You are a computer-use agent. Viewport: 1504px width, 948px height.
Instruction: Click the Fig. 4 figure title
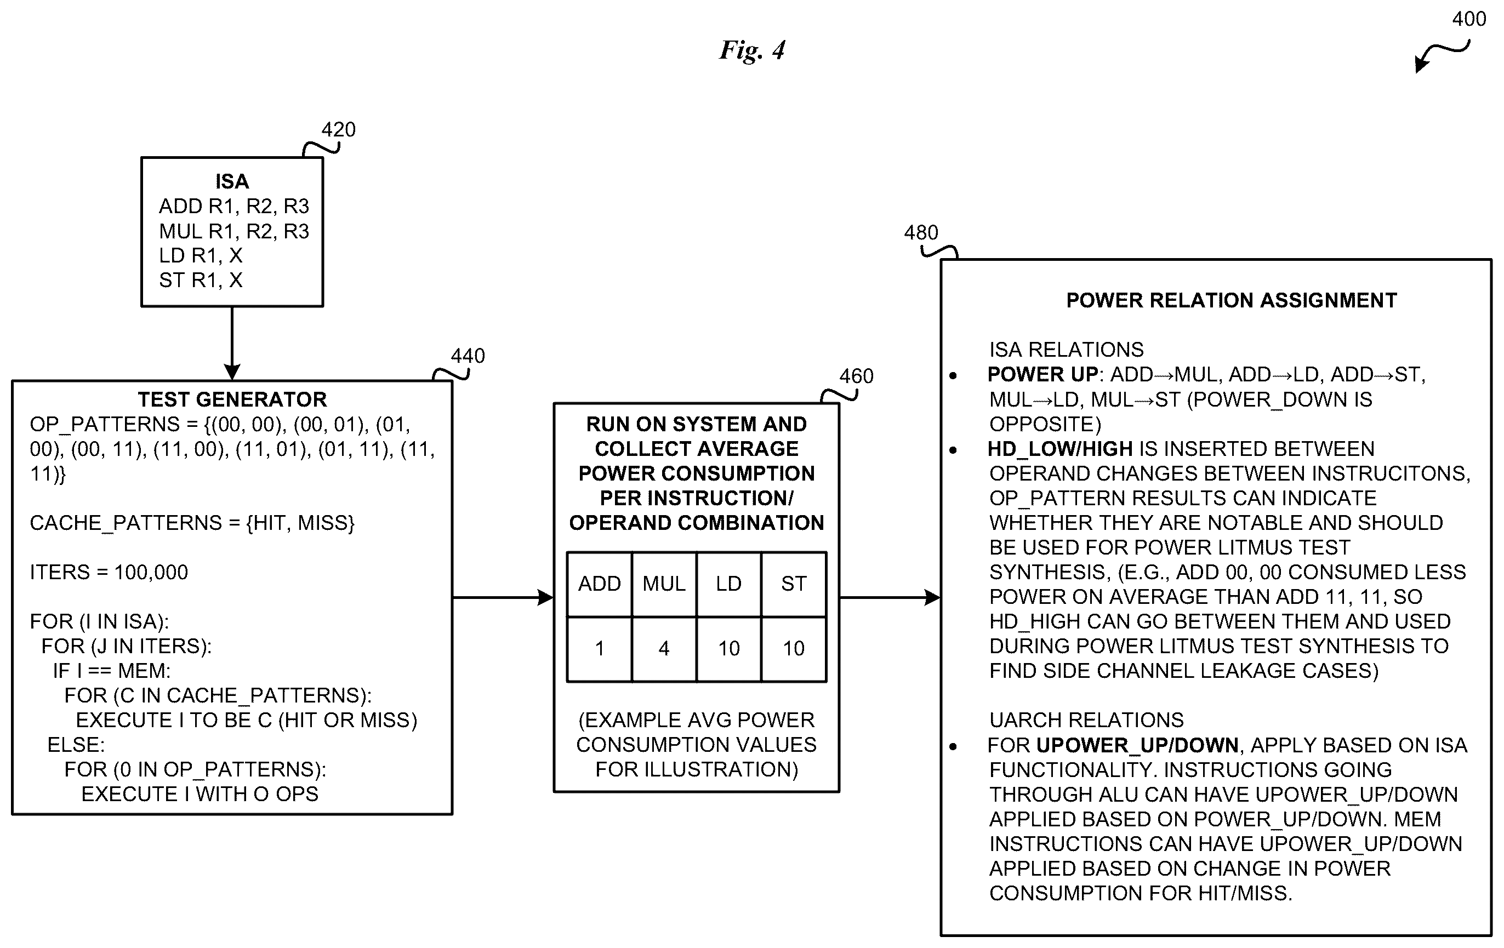[752, 50]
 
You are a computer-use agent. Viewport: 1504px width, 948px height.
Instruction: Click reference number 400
[1469, 19]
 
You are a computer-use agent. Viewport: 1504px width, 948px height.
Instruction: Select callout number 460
[856, 376]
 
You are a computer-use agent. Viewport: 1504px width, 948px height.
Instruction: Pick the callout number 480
[921, 232]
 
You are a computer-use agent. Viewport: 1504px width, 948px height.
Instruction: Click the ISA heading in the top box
[232, 181]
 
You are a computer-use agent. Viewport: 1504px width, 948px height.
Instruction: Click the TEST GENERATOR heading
[232, 399]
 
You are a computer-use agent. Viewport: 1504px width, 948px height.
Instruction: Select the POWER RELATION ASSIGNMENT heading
[1232, 300]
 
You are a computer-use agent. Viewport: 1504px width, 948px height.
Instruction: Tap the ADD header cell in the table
[600, 584]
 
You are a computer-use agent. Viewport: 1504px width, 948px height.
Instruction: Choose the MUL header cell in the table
[664, 584]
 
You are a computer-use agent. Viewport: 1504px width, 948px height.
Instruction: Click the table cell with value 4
[664, 649]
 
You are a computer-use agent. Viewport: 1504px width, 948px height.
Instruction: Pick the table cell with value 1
[600, 649]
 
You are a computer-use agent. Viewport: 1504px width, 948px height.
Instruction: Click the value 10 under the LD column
[729, 649]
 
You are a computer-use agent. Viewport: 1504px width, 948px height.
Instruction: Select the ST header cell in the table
[794, 584]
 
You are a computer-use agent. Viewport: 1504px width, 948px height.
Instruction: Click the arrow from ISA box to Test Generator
[232, 343]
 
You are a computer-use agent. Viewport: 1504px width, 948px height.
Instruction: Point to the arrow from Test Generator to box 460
[503, 598]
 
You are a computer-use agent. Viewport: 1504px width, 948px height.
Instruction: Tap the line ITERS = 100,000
[109, 572]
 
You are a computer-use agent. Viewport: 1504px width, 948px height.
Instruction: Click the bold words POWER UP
[1042, 374]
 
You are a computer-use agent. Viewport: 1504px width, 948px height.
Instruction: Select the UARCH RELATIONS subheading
[1086, 720]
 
